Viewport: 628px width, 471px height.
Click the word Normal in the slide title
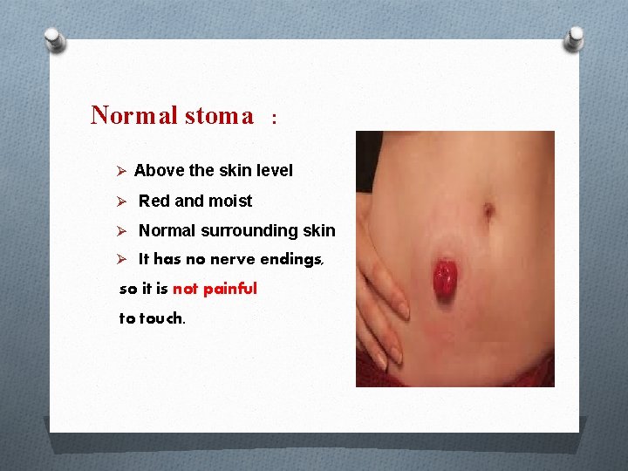point(133,115)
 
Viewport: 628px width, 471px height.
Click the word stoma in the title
point(218,115)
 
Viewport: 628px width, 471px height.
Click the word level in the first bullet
point(274,171)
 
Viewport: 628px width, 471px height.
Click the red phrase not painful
point(215,289)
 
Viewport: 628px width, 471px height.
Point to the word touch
point(161,318)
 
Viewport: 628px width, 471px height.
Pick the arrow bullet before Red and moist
point(123,201)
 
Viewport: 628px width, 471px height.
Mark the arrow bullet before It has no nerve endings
point(123,260)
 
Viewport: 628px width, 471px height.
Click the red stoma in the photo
point(444,279)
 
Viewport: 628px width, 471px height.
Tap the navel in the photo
point(489,210)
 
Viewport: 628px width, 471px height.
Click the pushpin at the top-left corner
point(55,38)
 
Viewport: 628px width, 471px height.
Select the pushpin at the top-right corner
point(576,38)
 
